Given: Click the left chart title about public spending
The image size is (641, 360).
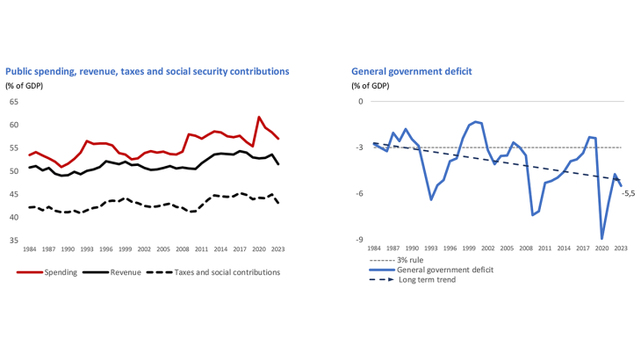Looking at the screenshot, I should tap(148, 70).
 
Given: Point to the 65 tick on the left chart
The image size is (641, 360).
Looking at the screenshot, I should tap(13, 102).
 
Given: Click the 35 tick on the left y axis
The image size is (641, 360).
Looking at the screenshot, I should tap(13, 240).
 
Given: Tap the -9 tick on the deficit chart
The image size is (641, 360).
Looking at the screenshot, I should tap(358, 240).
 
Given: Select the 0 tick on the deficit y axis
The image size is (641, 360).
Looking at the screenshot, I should tap(359, 102).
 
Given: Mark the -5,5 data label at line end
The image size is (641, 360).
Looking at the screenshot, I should tap(628, 193).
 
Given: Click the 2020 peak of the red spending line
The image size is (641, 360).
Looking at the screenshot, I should tap(259, 117).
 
